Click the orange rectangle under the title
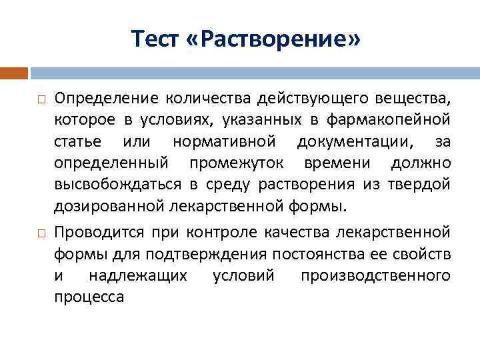(x=14, y=73)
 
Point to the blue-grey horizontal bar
(x=254, y=73)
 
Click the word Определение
(x=107, y=99)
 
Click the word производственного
(x=375, y=275)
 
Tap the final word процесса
(x=89, y=297)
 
